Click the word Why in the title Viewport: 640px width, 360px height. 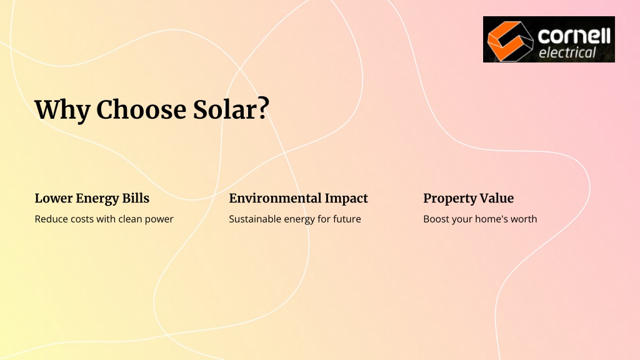click(62, 110)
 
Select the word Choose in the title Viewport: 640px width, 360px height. click(141, 109)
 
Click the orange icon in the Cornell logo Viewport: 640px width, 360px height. click(510, 40)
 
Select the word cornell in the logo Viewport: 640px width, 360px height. click(574, 36)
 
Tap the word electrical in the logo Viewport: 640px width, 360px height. click(567, 52)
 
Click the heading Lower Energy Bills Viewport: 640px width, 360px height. click(92, 198)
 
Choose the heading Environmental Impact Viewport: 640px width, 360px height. click(298, 198)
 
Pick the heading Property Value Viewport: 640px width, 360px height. click(469, 198)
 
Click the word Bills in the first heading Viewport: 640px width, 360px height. click(136, 198)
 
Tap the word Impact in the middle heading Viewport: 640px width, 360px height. click(346, 198)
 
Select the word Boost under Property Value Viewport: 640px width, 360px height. click(436, 219)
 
